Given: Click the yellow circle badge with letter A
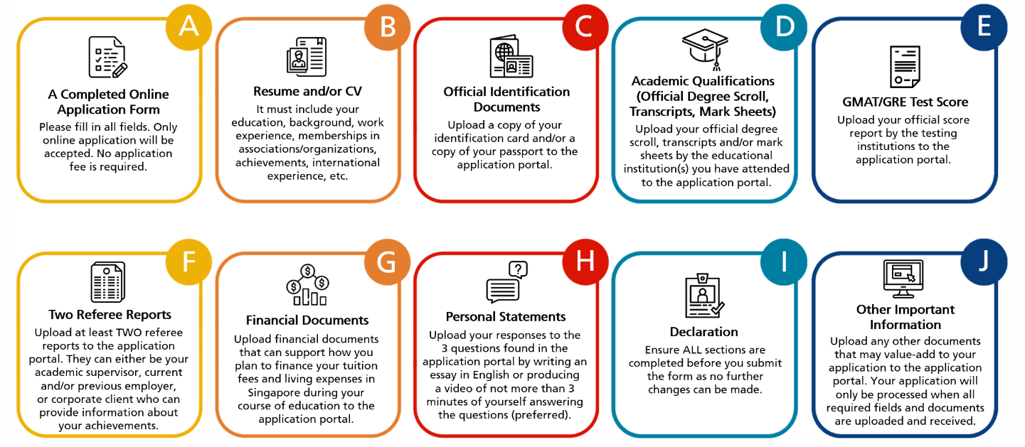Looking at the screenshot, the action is pos(188,27).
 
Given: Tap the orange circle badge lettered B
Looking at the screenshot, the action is pos(387,27).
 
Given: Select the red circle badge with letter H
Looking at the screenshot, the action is pos(585,262).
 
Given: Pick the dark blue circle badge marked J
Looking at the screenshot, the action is pos(984,262).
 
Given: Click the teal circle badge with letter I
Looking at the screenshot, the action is pos(783,262).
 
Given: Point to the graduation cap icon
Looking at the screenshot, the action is pos(705,49).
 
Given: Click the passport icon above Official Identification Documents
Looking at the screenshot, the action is pos(511,56).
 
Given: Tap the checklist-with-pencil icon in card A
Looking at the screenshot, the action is pos(108,57).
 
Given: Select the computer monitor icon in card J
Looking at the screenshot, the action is pos(903,279).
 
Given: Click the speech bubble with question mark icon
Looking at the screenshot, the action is pos(506,282).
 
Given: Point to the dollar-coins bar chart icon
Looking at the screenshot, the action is pos(307,285).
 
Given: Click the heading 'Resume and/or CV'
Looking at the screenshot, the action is pos(307,92).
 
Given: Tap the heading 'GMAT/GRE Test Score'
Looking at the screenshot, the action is pos(905,102).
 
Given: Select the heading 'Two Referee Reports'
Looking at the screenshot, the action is pos(110,314).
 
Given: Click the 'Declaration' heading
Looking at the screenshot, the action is pos(703,332).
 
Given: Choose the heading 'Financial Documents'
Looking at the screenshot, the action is pos(307,320).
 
